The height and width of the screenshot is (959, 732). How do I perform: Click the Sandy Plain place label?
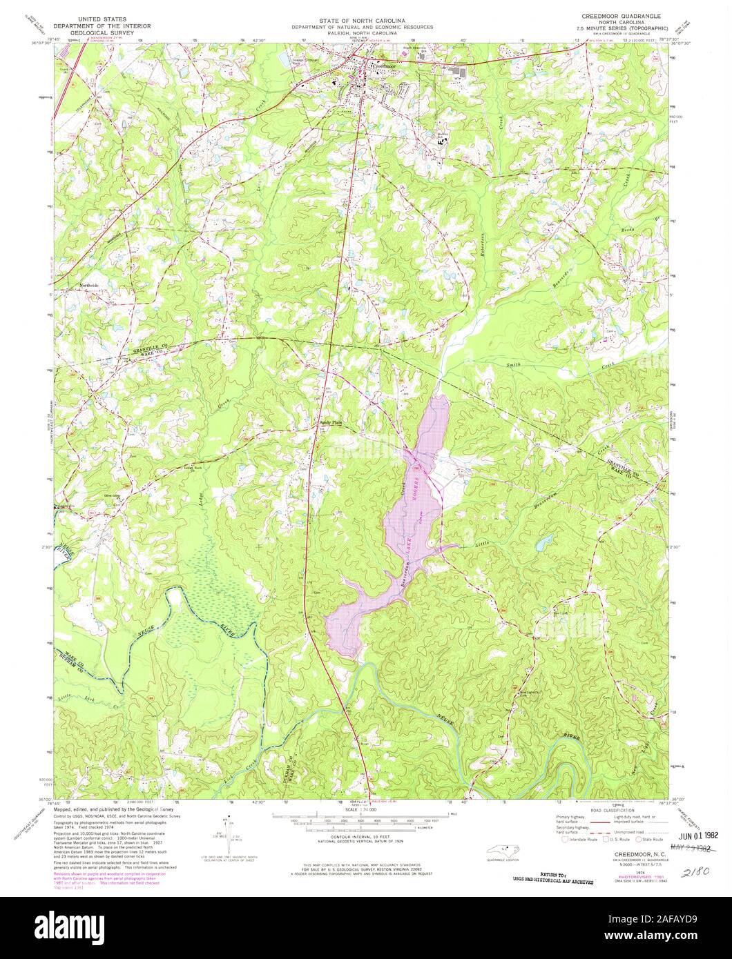[330, 423]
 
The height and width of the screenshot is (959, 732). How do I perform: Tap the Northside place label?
[90, 285]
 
